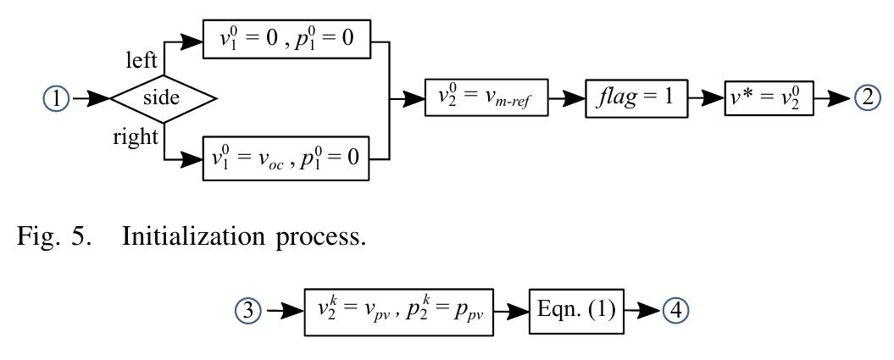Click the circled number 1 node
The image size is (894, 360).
[x=57, y=99]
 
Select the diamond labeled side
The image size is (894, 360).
[x=162, y=99]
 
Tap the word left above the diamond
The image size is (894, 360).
[x=141, y=61]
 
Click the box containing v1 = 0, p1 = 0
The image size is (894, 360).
[x=286, y=40]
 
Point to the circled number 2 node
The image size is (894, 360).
[x=868, y=98]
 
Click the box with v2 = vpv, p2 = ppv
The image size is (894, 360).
[x=400, y=311]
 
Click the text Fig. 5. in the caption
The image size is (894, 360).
[x=55, y=236]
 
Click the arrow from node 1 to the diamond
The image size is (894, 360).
[x=90, y=99]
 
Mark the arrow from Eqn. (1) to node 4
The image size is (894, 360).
[x=642, y=311]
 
